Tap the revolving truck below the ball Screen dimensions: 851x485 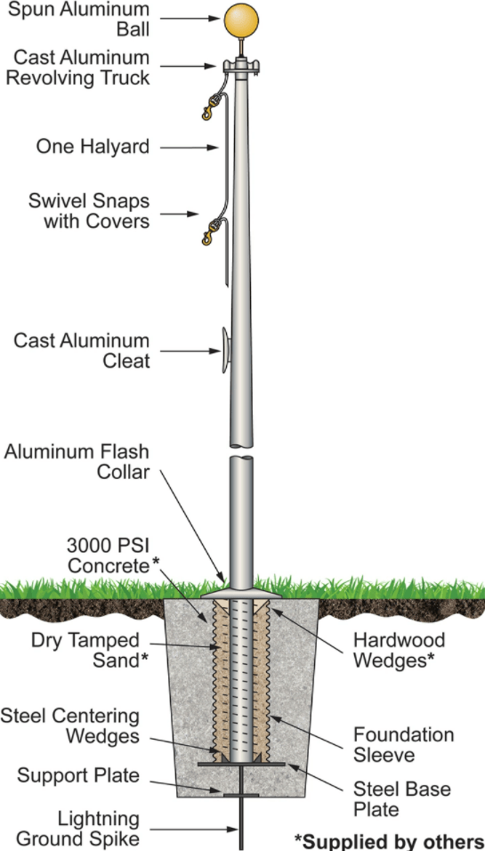(239, 67)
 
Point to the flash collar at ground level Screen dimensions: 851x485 (240, 589)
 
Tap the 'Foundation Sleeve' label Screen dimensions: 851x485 (403, 745)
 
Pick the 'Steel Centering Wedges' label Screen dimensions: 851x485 (70, 725)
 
